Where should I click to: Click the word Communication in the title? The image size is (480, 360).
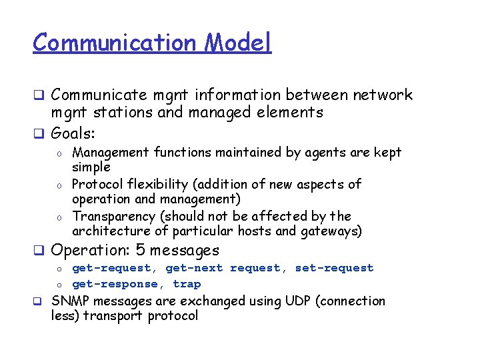[x=115, y=43]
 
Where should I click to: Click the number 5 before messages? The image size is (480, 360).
[x=141, y=251]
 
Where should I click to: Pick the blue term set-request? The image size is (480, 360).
[x=335, y=268]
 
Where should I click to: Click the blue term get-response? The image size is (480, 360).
[x=115, y=284]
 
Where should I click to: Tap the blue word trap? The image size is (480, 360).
[x=187, y=284]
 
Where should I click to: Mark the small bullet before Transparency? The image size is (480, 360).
[x=59, y=217]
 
